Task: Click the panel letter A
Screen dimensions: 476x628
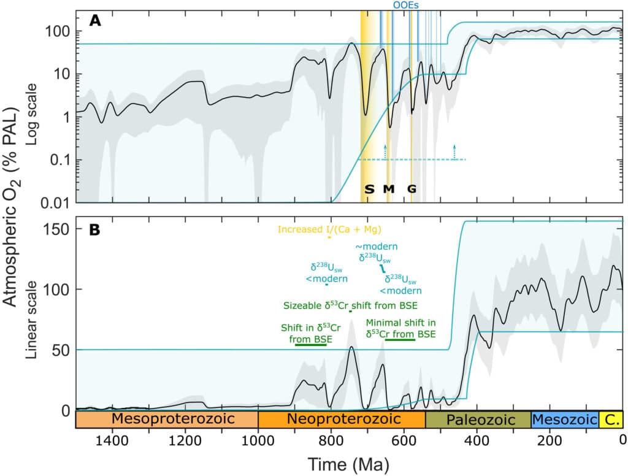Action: point(95,20)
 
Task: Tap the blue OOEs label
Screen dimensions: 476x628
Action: point(406,4)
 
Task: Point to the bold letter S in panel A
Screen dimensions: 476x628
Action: point(369,189)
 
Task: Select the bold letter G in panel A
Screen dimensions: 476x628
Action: point(412,189)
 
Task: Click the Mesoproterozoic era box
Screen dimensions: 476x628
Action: point(167,420)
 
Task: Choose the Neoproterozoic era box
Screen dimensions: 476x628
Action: point(342,420)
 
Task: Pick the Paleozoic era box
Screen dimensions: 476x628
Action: point(478,420)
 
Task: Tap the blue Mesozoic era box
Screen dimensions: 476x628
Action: point(564,420)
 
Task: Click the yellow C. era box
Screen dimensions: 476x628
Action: point(611,420)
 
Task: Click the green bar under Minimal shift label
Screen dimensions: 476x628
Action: point(400,339)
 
